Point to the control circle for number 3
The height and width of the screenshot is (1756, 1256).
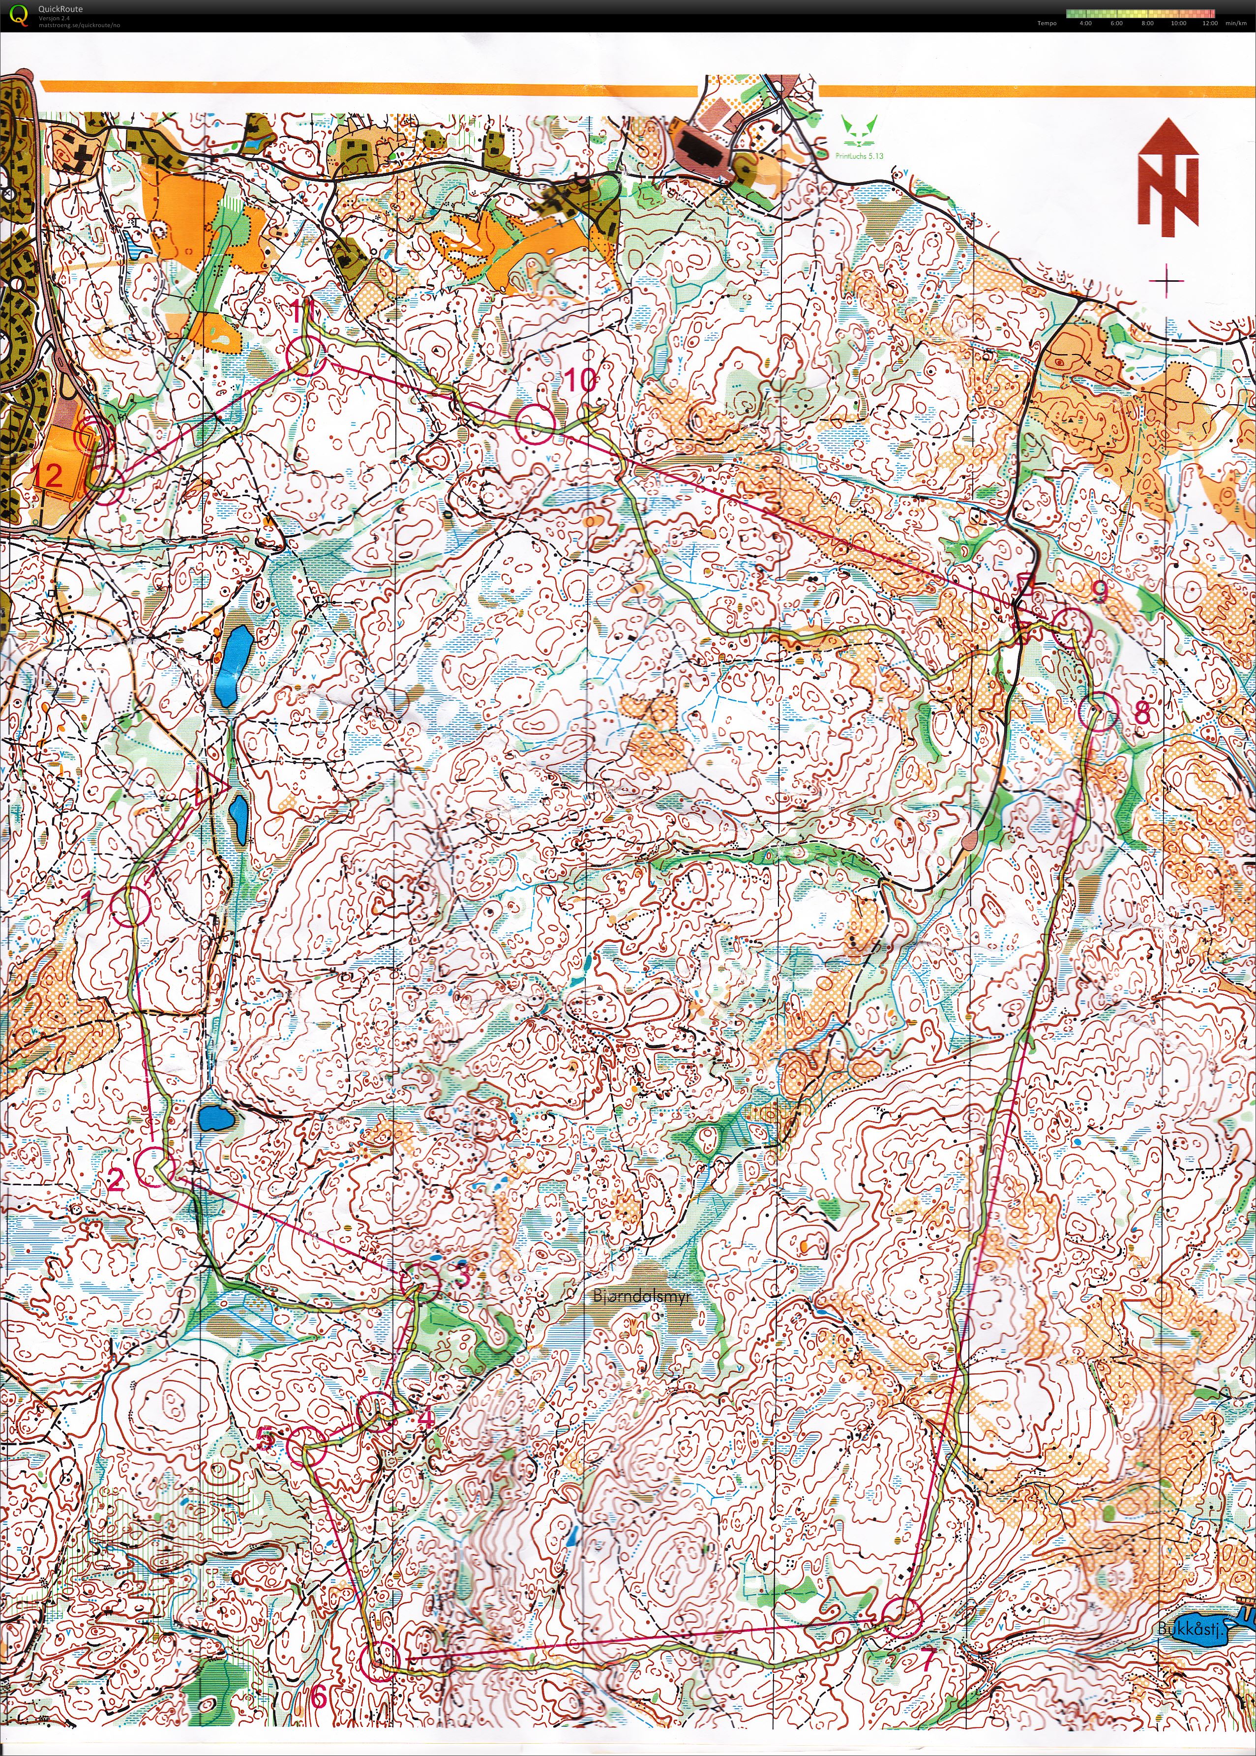[421, 1281]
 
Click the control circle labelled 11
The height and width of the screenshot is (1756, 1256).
[304, 357]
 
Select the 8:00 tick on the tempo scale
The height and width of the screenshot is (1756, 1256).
[1147, 23]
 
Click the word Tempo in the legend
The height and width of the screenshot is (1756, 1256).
[1047, 23]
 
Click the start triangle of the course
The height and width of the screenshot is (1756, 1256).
[210, 788]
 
